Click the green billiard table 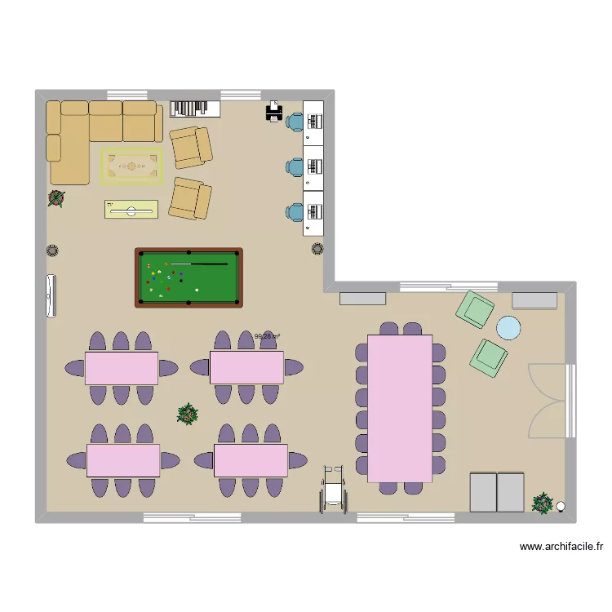point(188,277)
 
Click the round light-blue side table point(509,327)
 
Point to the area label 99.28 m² point(267,335)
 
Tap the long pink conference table point(399,408)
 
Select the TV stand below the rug point(131,211)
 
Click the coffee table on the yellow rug point(131,166)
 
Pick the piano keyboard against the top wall point(196,109)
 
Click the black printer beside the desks point(273,113)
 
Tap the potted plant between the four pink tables point(188,414)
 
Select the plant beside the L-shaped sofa point(56,197)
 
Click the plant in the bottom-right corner point(543,503)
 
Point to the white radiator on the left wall point(52,295)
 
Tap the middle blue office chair point(295,166)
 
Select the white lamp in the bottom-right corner point(561,506)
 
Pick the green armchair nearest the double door point(489,357)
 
